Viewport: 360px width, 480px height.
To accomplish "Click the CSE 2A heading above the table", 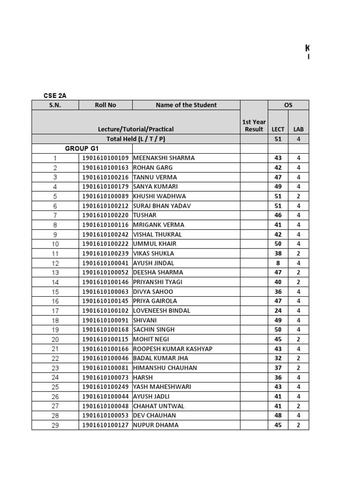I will coord(54,95).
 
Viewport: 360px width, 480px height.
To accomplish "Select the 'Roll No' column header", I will coord(105,105).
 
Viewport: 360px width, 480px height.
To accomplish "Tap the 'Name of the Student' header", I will coord(186,105).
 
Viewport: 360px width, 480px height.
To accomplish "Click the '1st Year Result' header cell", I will coord(254,125).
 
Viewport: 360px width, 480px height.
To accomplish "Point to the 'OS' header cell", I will coord(288,105).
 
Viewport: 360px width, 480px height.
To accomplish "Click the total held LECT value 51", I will coord(278,139).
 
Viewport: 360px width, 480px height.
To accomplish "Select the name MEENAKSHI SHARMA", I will coord(164,158).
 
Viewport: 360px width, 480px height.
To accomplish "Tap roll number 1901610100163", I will coord(105,167).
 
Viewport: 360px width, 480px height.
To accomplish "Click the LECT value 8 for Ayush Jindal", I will coord(278,263).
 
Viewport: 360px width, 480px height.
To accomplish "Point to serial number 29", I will coord(55,426).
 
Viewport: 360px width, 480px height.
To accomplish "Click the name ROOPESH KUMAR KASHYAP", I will coord(172,349).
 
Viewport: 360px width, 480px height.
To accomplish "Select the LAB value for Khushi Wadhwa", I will coord(299,196).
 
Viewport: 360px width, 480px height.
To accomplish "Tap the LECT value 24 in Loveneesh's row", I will coord(278,310).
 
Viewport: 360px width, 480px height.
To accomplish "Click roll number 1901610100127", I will coord(105,425).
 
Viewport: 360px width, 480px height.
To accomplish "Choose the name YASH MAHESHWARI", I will coord(162,387).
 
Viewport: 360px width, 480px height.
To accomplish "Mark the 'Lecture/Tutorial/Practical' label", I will coord(135,129).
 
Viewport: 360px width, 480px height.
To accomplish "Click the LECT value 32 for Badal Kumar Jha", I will coord(278,358).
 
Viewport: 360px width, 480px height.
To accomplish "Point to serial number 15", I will coord(55,292).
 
